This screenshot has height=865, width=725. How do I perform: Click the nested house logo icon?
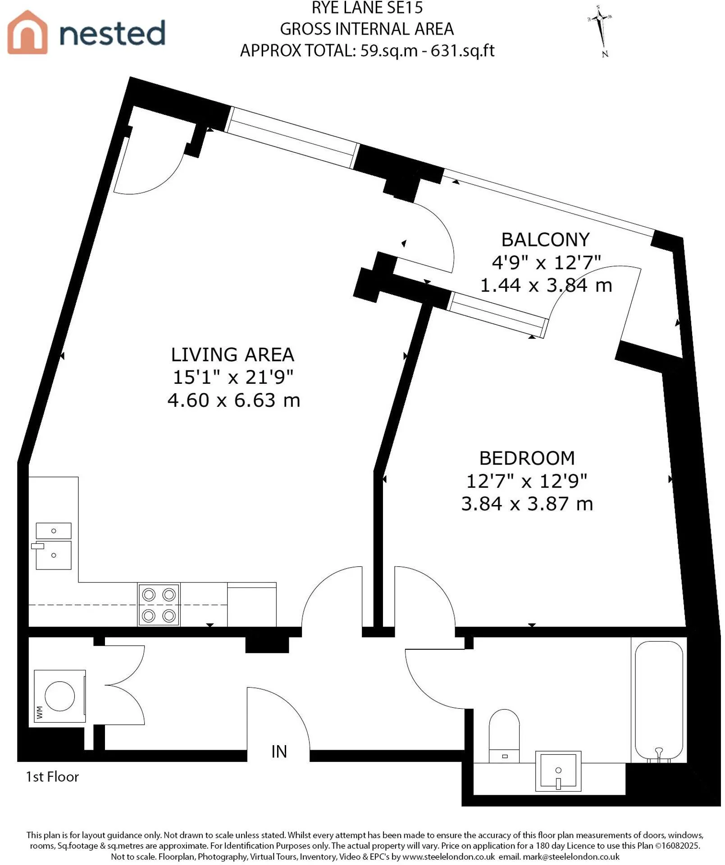(x=27, y=32)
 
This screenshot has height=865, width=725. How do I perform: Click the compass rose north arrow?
(x=601, y=31)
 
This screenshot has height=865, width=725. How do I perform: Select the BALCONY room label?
(x=545, y=240)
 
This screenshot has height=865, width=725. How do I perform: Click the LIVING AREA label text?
(x=233, y=355)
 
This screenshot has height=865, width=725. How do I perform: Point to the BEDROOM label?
(x=527, y=458)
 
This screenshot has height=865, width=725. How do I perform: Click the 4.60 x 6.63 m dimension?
(x=233, y=400)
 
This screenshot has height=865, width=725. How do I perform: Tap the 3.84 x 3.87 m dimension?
(x=527, y=504)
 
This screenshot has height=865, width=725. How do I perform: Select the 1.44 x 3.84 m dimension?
(x=546, y=285)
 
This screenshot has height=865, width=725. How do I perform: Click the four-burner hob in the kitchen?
(x=159, y=605)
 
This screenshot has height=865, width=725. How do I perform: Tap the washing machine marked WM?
(x=60, y=696)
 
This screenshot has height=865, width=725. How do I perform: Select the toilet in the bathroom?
(x=504, y=736)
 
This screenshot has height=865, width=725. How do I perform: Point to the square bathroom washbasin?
(x=558, y=771)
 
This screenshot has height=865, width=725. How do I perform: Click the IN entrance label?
(x=279, y=751)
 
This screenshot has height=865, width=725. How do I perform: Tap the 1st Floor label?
(x=52, y=777)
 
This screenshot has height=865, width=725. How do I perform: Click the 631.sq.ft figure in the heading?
(x=463, y=50)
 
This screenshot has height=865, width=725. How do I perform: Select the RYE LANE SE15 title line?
(x=367, y=8)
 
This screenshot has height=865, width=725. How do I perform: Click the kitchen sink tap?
(x=37, y=546)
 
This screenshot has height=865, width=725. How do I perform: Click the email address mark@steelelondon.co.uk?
(x=571, y=856)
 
